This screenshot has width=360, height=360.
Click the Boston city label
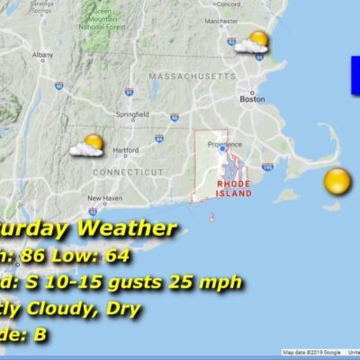(253, 99)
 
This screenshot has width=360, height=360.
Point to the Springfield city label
(132, 114)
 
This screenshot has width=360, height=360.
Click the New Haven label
(104, 198)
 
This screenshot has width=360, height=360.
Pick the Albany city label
(42, 56)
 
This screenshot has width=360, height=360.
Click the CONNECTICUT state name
(129, 171)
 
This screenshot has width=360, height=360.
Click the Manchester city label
(220, 20)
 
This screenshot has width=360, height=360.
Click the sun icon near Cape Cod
(337, 181)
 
